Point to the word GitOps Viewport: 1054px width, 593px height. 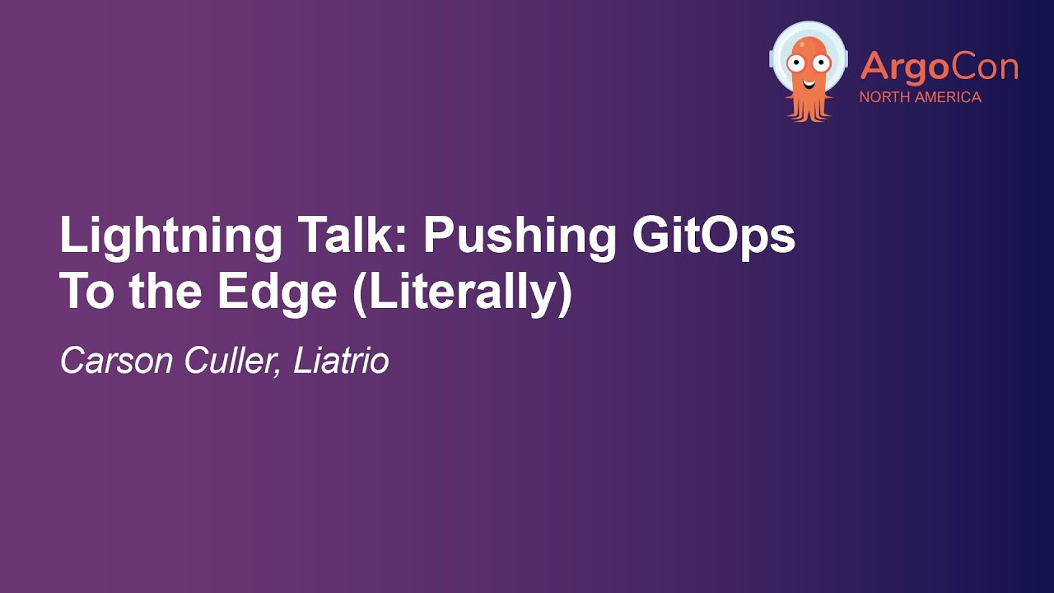pos(714,236)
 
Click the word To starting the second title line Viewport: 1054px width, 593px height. pos(86,293)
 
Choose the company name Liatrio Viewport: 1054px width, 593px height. pos(341,361)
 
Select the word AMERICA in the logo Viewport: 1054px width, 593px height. pos(949,97)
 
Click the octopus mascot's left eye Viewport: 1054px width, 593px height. pos(796,61)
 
